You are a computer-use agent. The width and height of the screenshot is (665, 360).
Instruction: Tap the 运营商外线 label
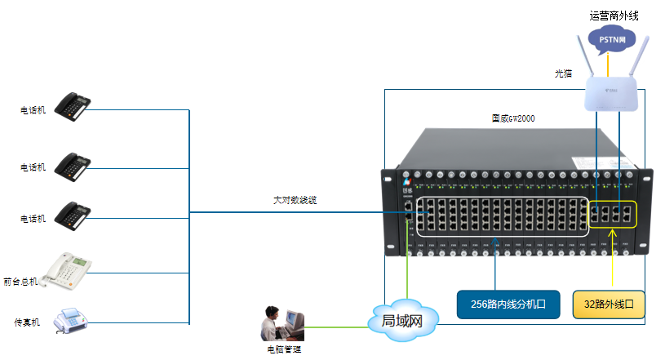[613, 14]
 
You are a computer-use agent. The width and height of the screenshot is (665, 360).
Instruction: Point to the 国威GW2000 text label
[513, 118]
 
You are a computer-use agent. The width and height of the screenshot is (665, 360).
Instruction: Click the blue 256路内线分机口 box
[508, 304]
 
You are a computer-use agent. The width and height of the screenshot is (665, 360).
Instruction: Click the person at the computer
[282, 324]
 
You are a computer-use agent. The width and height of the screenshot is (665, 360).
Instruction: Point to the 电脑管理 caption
[284, 349]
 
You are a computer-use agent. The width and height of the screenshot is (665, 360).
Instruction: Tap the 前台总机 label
[21, 281]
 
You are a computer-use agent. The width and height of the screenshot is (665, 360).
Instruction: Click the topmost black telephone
[72, 106]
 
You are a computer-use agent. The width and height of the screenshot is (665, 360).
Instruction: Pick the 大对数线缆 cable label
[295, 200]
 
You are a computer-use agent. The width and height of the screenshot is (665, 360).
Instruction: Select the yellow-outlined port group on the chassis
[612, 214]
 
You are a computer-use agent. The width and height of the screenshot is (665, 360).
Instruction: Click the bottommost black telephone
[72, 215]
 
